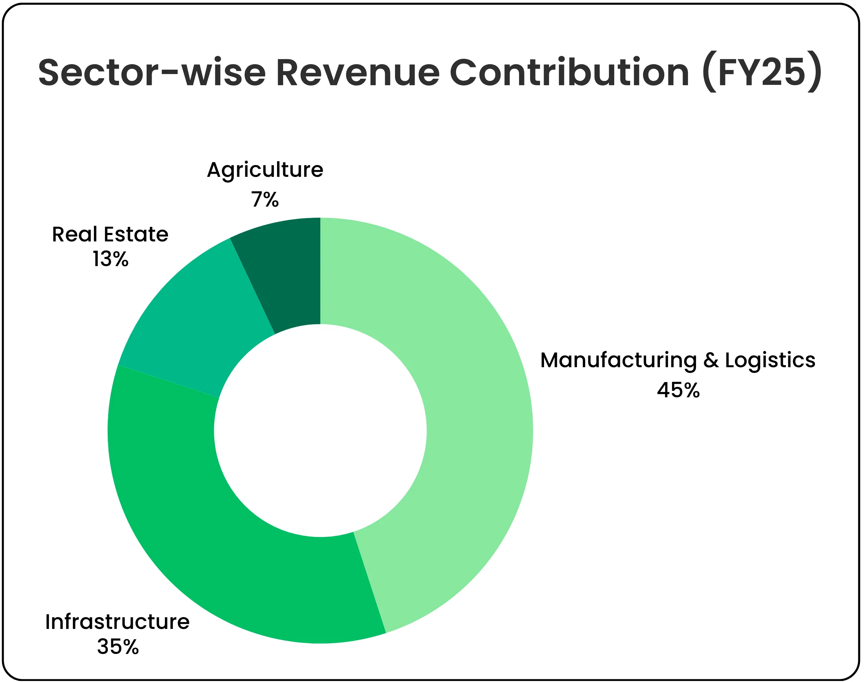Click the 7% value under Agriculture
coord(265,199)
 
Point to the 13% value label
coord(110,260)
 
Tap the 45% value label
coord(678,390)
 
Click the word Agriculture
coord(265,170)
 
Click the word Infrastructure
coord(117,622)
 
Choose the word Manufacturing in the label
coord(618,360)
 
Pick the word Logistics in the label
coord(770,360)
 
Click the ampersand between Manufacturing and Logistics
coord(711,360)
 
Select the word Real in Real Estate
coord(75,234)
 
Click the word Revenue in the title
coord(357,73)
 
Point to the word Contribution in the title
coord(569,73)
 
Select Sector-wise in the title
coord(152,73)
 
